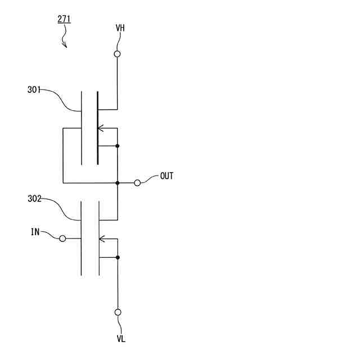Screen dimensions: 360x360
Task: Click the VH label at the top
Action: tap(120, 28)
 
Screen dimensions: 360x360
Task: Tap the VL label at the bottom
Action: tap(121, 339)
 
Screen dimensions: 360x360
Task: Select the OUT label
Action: tap(166, 176)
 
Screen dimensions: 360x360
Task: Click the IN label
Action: tap(35, 232)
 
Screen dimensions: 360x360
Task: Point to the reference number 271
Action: tap(64, 19)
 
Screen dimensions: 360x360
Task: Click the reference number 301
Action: tap(34, 89)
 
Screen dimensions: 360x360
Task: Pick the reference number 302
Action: tap(34, 199)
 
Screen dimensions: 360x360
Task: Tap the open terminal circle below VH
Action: tap(118, 55)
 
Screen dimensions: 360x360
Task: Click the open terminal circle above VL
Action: tap(118, 312)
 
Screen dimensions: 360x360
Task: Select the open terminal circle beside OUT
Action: tap(137, 183)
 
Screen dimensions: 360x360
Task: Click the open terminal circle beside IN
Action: tap(62, 238)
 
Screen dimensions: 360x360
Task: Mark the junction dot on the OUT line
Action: tap(118, 183)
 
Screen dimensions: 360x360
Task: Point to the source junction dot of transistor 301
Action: tap(118, 146)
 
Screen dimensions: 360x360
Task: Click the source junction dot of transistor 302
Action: tap(118, 257)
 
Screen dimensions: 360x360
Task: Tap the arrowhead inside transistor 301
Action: tap(101, 128)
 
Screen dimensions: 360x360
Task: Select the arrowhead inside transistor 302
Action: tap(102, 238)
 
